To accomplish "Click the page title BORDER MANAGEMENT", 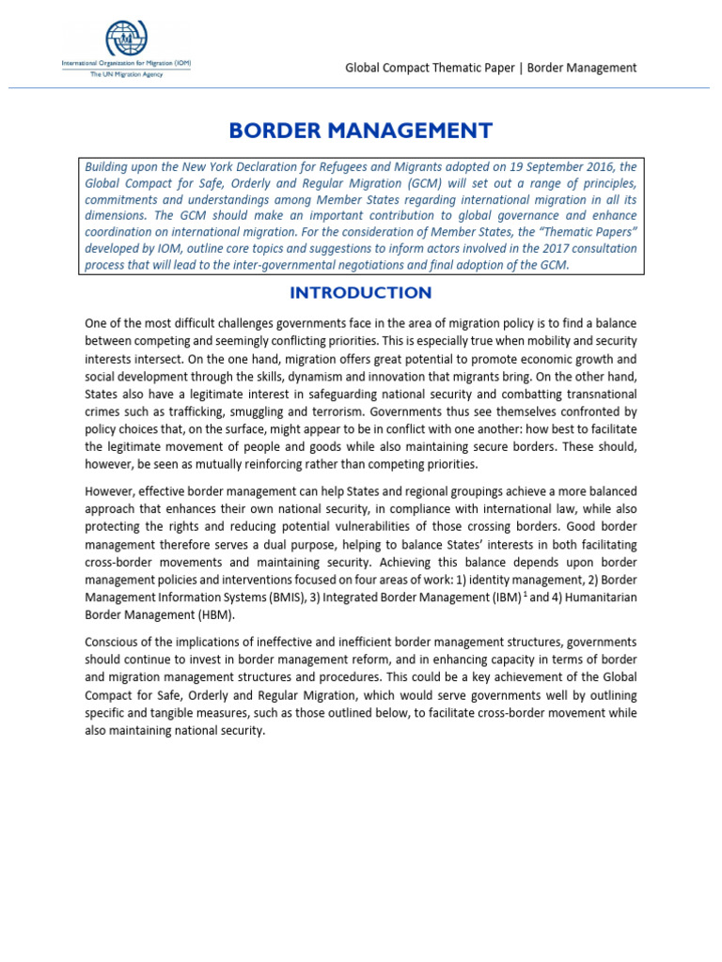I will point(361,130).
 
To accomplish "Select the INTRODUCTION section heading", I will point(361,292).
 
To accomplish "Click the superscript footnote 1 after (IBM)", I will point(523,594).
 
